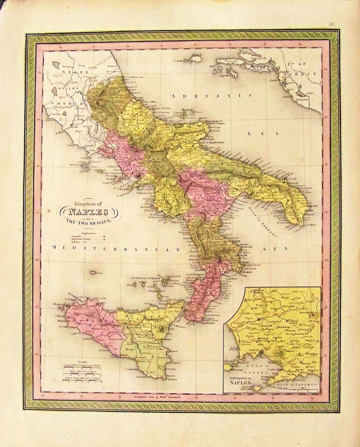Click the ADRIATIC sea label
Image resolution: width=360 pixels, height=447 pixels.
click(212, 96)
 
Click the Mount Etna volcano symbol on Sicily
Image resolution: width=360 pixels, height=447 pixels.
click(161, 328)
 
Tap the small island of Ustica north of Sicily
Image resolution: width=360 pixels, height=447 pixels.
click(94, 273)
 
